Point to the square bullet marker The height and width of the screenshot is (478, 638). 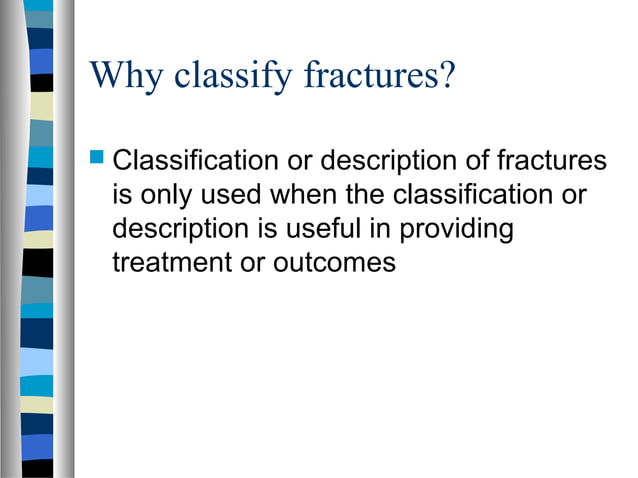(97, 158)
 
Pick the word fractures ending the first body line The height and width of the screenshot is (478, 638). (555, 160)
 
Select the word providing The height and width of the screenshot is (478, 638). (456, 229)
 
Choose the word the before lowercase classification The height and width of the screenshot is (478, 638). (366, 195)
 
